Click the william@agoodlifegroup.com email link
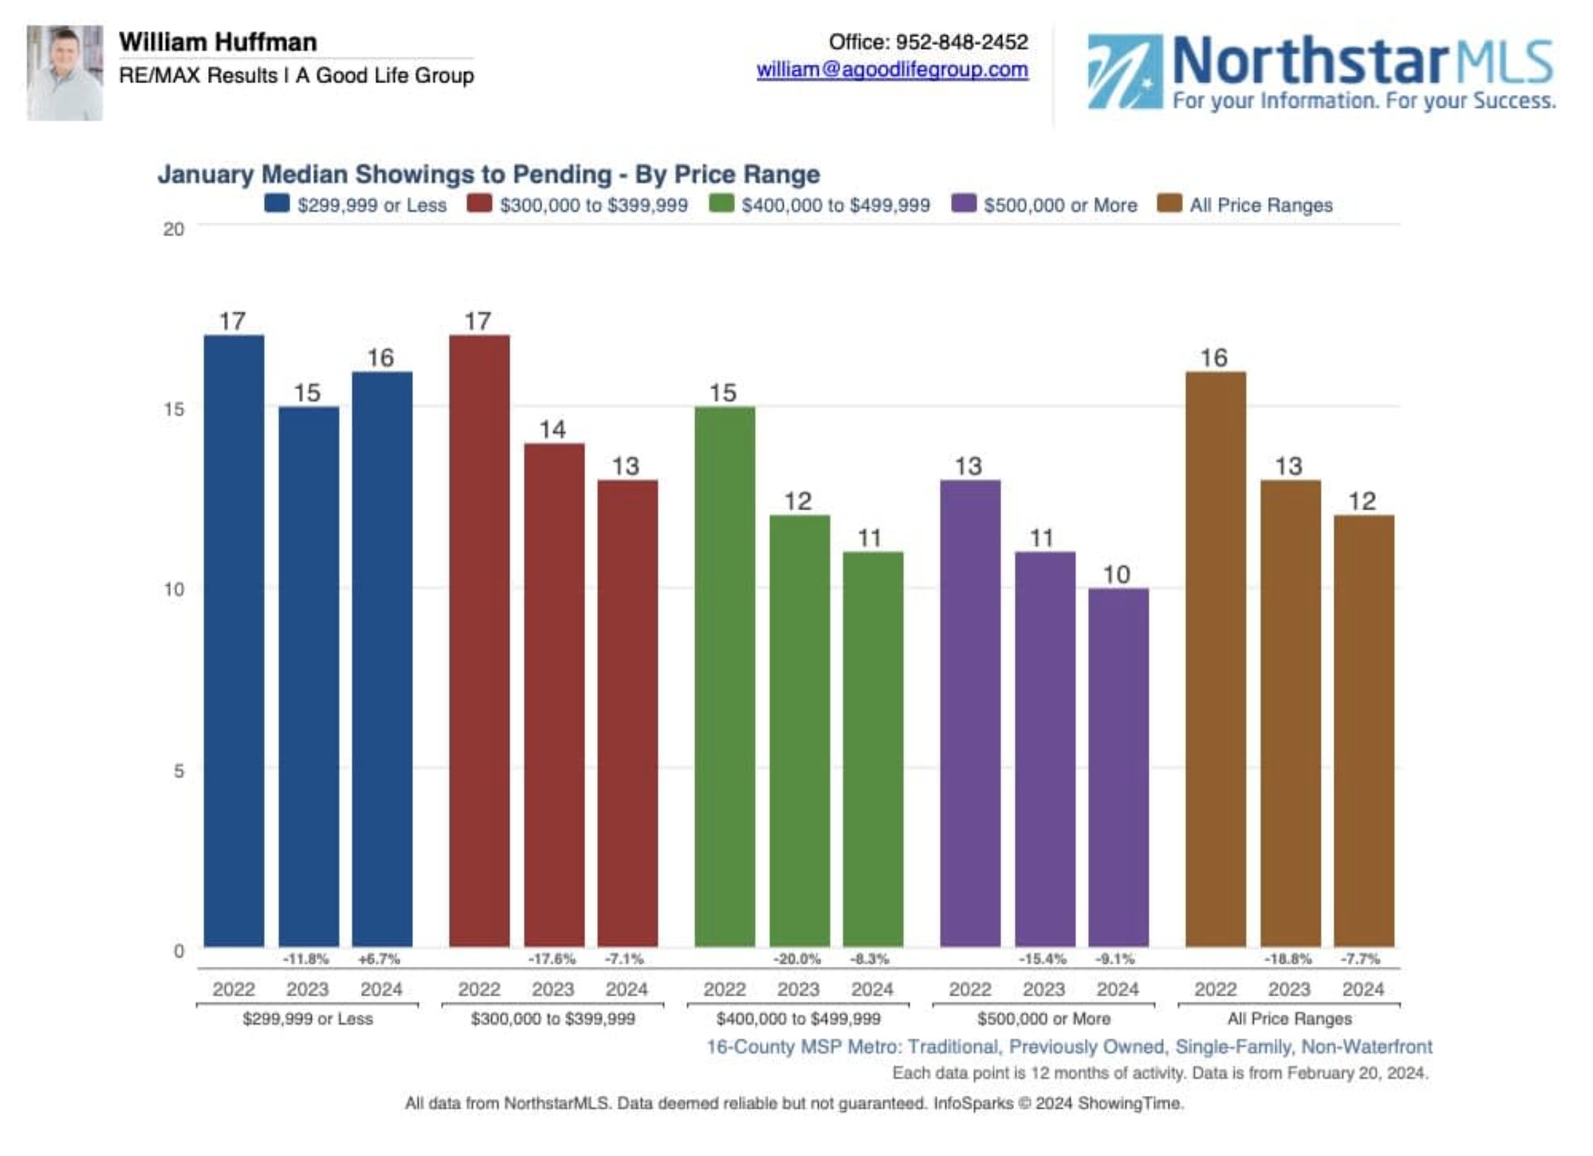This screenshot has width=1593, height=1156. pyautogui.click(x=892, y=70)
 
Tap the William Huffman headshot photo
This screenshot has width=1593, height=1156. pyautogui.click(x=65, y=73)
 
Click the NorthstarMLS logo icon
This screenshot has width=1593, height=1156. pyautogui.click(x=1125, y=72)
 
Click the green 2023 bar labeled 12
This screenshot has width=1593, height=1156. pyautogui.click(x=799, y=730)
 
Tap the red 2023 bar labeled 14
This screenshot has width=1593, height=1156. pyautogui.click(x=553, y=694)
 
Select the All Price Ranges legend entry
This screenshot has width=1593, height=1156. pyautogui.click(x=1260, y=205)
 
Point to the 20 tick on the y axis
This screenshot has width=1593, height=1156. pyautogui.click(x=173, y=229)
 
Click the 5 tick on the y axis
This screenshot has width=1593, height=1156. pyautogui.click(x=179, y=770)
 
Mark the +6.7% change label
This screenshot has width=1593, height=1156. pyautogui.click(x=379, y=959)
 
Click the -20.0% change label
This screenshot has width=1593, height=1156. pyautogui.click(x=796, y=959)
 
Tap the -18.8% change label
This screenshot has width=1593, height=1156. pyautogui.click(x=1288, y=959)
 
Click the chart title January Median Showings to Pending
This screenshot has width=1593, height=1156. pyautogui.click(x=488, y=174)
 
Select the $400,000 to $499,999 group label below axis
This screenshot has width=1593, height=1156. pyautogui.click(x=798, y=1018)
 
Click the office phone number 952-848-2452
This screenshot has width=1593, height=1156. pyautogui.click(x=961, y=42)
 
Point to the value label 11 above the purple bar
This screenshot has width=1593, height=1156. pyautogui.click(x=1042, y=538)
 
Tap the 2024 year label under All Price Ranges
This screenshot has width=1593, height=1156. pyautogui.click(x=1363, y=989)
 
